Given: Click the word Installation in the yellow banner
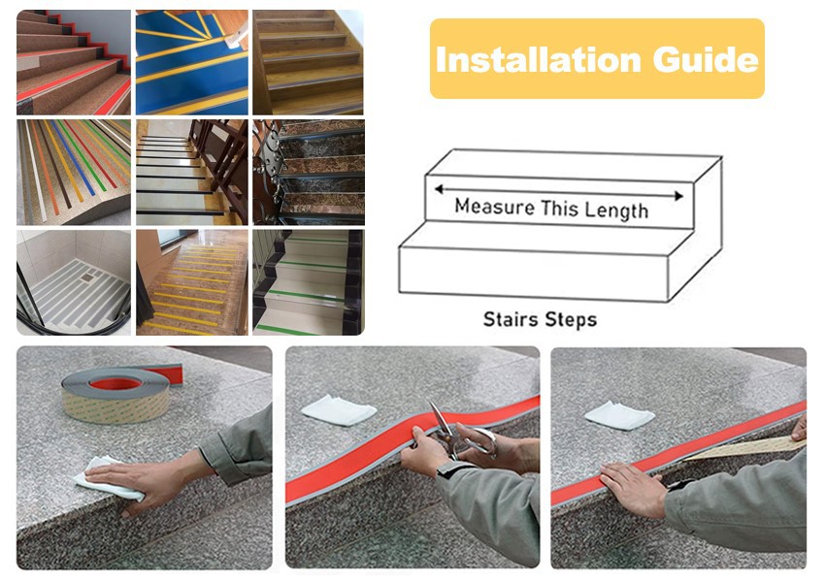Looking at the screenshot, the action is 539,59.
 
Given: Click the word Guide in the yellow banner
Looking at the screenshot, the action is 706,59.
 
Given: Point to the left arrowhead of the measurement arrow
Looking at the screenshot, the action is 440,189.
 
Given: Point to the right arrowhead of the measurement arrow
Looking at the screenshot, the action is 678,196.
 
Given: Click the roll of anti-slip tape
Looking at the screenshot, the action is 115,395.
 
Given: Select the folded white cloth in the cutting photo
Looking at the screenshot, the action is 339,409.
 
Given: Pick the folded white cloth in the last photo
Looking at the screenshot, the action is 619,415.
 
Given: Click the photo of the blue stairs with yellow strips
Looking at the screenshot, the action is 192,62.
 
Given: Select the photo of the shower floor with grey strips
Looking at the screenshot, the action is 74,282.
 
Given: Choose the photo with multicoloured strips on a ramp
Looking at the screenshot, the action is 74,173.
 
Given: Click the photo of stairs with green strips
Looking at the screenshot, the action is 309,282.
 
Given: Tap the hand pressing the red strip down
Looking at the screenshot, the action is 633,490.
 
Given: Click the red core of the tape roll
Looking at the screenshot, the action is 115,383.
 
